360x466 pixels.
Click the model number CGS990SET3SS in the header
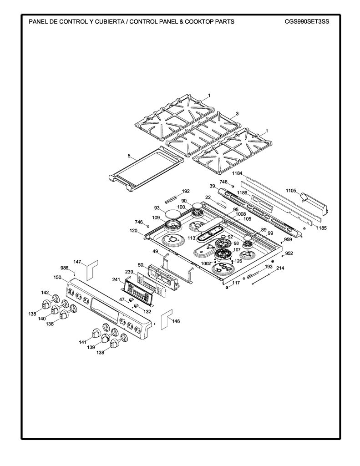click(x=307, y=21)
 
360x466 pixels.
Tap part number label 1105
click(x=291, y=191)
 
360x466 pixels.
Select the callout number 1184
click(x=237, y=173)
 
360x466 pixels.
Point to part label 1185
click(x=321, y=228)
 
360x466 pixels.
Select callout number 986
click(x=64, y=268)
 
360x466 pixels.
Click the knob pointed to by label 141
click(x=95, y=333)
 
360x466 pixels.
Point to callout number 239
click(x=129, y=272)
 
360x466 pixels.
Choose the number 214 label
click(x=280, y=268)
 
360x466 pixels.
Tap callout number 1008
click(x=241, y=214)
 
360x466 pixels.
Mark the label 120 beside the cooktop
click(x=133, y=230)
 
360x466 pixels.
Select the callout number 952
click(x=289, y=253)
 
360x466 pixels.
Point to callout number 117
click(x=236, y=283)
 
